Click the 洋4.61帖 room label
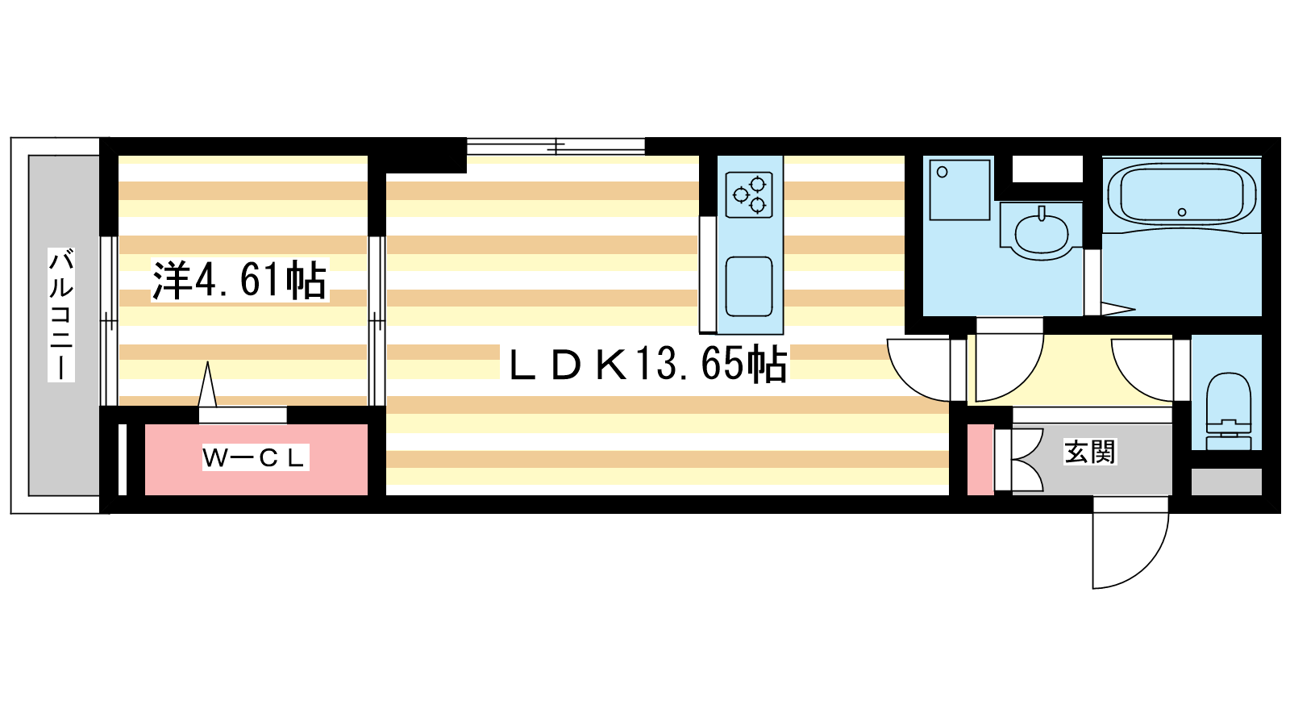click(239, 281)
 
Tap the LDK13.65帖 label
click(648, 364)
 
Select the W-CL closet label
click(255, 457)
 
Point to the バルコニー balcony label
click(61, 315)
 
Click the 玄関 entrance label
click(1090, 452)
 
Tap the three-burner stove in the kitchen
click(749, 195)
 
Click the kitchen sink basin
click(749, 286)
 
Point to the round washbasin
click(1041, 235)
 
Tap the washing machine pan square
click(959, 190)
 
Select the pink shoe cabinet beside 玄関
click(980, 459)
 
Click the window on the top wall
click(556, 146)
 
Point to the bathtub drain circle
click(1182, 212)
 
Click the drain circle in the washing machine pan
click(943, 172)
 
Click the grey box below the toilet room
click(1226, 482)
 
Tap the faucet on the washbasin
click(1041, 214)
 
